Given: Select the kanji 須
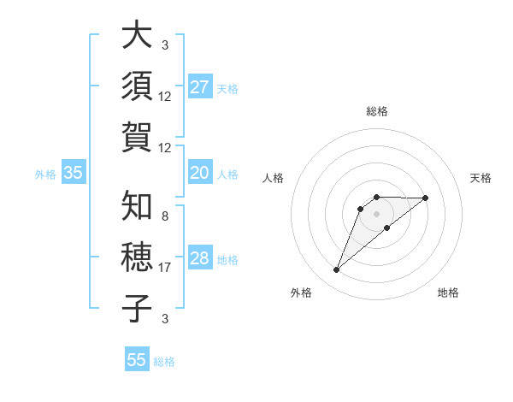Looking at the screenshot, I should point(138,86).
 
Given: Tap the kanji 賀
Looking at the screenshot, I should point(138,137).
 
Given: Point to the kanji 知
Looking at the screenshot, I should point(138,205).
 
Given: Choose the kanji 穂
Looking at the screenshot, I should point(138,257).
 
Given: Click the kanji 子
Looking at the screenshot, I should point(138,308).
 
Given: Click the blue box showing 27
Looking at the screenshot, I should point(200,86).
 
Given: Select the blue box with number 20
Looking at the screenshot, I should point(200,173).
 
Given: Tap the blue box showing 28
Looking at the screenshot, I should point(200,258).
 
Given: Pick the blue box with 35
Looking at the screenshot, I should point(74,173).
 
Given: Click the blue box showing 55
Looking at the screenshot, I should point(137,360).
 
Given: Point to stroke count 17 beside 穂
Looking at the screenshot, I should point(165,268).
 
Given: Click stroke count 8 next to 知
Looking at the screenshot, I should point(165,216).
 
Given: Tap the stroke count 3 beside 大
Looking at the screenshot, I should point(165,45).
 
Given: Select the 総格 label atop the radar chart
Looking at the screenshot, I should point(376,112).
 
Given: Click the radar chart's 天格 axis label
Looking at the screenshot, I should point(481,178).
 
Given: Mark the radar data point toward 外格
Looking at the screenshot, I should point(336,270).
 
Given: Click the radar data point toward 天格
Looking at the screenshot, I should point(426,198).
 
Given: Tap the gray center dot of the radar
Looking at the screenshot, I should point(376,213).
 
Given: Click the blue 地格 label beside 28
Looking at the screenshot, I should point(228,259).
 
